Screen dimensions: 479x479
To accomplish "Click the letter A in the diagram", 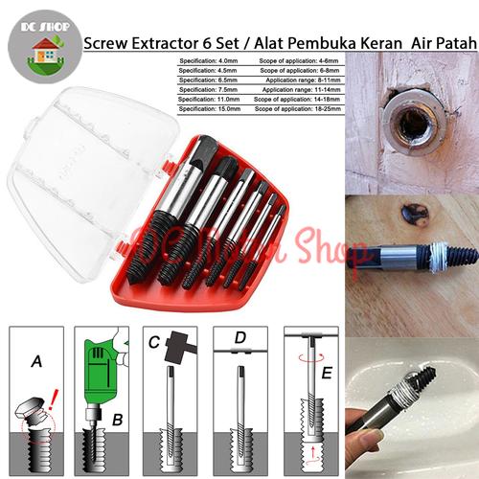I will point(35,362).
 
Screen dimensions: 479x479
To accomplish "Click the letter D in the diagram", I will point(239,338).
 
